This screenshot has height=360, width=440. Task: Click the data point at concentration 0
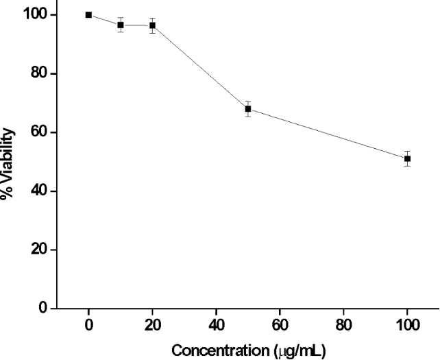(x=88, y=14)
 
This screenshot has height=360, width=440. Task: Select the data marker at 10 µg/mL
(x=121, y=25)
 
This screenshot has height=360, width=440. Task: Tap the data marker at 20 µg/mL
(x=152, y=25)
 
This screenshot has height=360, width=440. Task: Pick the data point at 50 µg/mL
(x=248, y=108)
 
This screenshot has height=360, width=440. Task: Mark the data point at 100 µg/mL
(x=407, y=158)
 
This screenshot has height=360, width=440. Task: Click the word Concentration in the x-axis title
(x=213, y=350)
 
